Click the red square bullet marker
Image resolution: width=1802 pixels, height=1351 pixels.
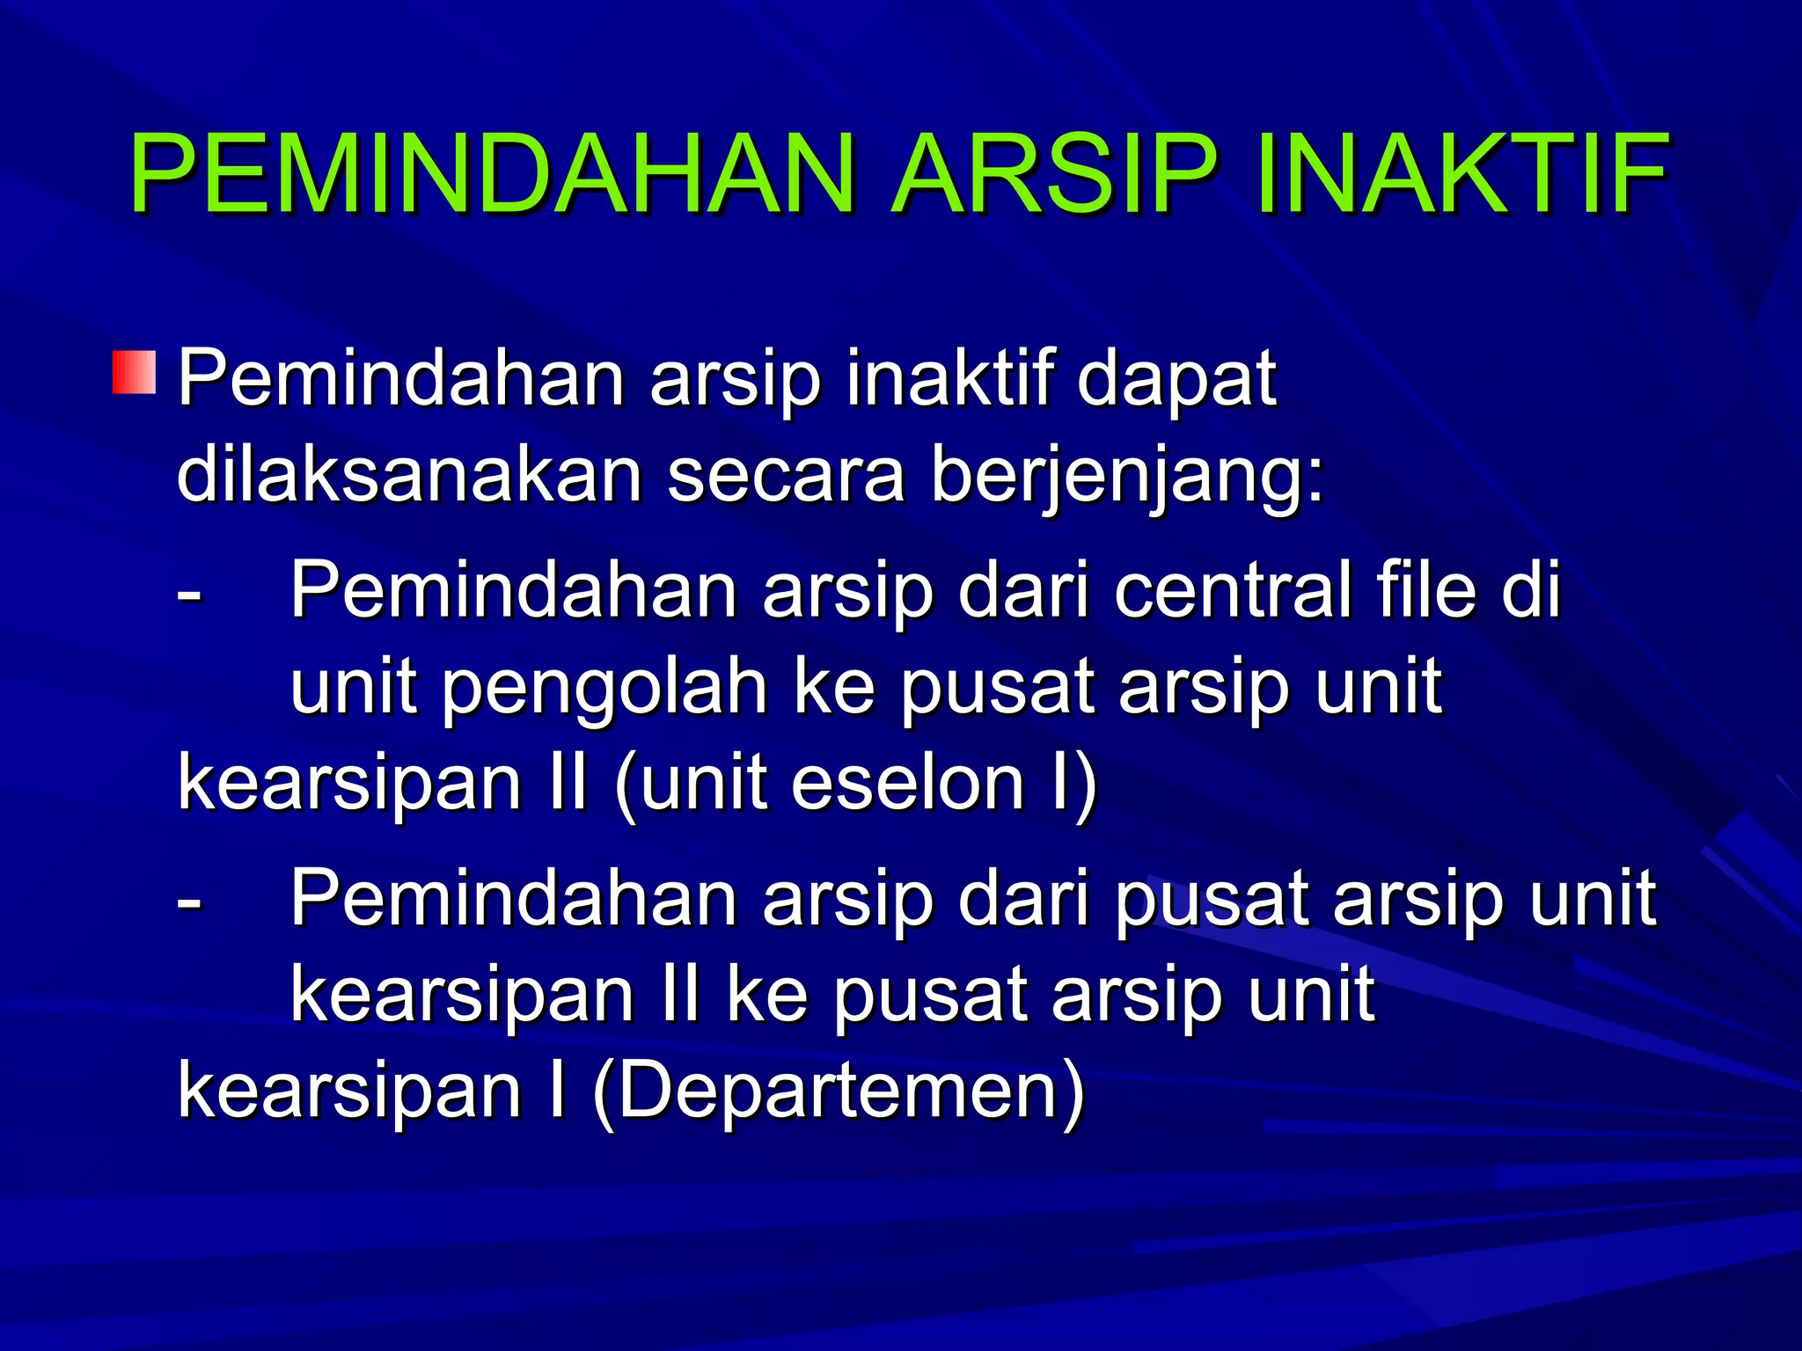[134, 372]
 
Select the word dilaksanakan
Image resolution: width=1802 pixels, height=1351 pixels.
[409, 476]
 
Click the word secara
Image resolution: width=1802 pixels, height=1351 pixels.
[786, 476]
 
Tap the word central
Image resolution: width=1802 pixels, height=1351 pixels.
[1232, 590]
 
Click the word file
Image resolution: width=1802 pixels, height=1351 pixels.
[1426, 590]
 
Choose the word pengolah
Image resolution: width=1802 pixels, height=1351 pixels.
[604, 689]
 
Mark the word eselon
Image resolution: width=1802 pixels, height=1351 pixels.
[907, 783]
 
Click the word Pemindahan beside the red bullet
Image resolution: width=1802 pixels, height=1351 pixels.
[401, 378]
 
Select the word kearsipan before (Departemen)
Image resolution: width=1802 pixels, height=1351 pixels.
[349, 1091]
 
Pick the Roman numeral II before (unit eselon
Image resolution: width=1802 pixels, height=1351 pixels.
[567, 783]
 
